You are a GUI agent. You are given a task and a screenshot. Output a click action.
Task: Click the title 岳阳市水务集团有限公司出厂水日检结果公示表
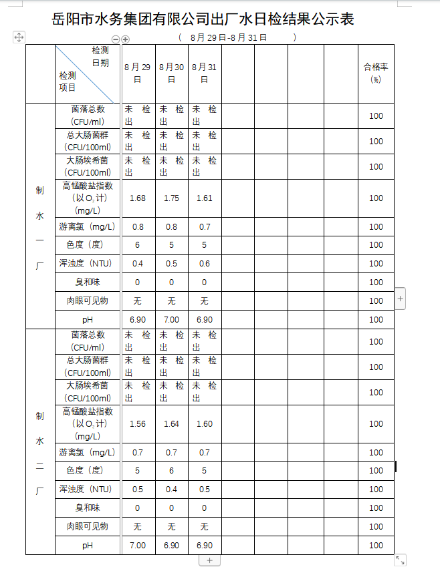203,19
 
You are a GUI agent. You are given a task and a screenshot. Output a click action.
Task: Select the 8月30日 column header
171,73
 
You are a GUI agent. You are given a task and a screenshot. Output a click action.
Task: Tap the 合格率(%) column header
376,73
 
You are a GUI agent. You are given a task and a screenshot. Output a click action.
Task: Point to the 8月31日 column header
205,73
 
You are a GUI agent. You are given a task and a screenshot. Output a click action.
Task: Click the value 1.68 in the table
138,198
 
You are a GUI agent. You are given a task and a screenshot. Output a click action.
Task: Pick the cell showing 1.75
171,198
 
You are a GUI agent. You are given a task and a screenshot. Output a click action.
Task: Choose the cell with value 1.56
138,424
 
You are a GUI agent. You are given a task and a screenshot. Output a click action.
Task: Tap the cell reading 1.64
171,424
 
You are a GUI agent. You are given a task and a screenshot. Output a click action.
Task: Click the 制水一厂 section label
40,227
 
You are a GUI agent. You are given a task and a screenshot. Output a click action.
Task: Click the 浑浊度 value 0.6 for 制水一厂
205,264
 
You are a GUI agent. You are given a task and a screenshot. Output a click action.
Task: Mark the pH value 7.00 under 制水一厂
171,320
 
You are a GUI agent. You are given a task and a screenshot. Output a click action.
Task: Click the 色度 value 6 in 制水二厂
171,471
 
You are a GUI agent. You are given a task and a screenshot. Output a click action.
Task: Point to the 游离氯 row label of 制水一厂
87,227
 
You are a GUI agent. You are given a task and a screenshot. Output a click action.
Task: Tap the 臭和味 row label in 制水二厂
87,508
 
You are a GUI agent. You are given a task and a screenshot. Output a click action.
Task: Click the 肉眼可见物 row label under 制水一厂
87,301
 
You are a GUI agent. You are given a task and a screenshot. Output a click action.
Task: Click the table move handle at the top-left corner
19,37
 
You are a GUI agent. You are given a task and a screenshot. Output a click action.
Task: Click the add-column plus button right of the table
401,299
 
